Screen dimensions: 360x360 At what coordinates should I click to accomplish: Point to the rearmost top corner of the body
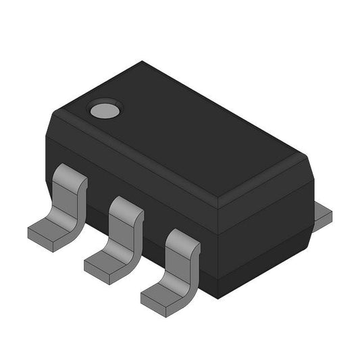[144, 63]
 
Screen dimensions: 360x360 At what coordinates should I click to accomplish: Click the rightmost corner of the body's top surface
[307, 157]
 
